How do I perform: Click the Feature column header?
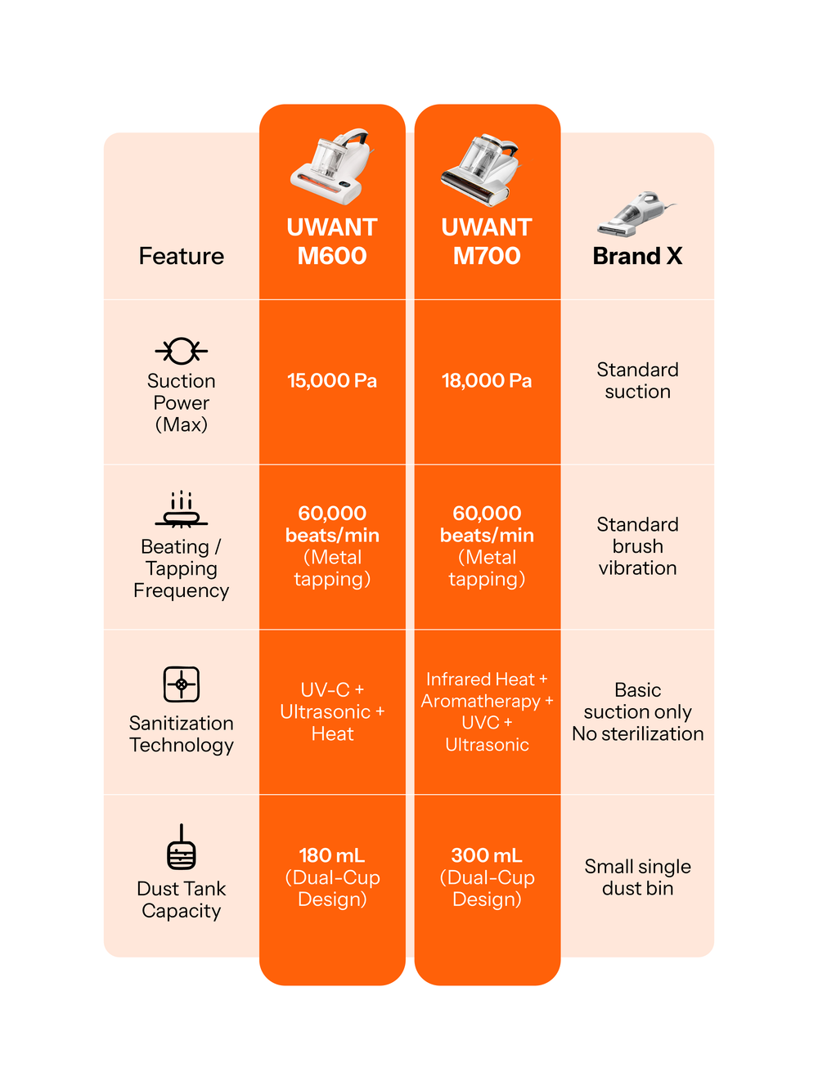tap(181, 256)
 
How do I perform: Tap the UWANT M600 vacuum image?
tap(332, 165)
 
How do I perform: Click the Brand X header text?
tap(637, 256)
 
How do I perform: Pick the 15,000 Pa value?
tap(332, 381)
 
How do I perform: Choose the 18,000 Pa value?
tap(487, 381)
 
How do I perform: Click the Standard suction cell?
tap(637, 381)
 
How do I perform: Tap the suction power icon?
tap(181, 351)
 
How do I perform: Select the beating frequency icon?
tap(181, 509)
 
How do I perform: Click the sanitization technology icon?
tap(181, 684)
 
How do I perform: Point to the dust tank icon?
tap(181, 848)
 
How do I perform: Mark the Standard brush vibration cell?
tap(637, 546)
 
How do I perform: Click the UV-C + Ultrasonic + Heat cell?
tap(332, 712)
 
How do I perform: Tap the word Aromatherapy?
tap(481, 702)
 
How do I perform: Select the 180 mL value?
tap(332, 856)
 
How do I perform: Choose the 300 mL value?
tap(487, 856)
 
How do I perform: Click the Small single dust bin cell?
tap(637, 877)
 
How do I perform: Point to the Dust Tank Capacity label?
tap(181, 899)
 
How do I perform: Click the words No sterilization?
tap(637, 734)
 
